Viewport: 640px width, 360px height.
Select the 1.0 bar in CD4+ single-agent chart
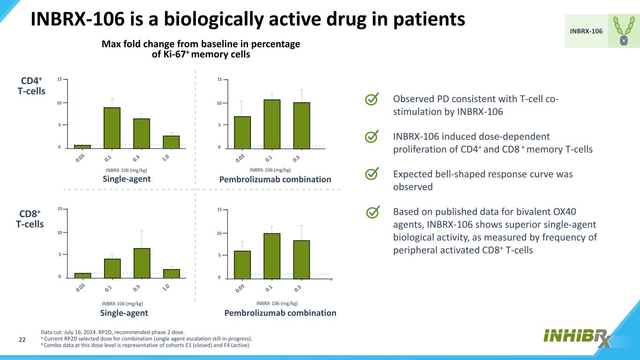[x=171, y=142]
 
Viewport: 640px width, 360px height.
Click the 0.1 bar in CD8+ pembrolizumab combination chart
[x=272, y=255]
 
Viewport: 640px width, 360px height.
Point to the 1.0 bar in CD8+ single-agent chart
[x=172, y=273]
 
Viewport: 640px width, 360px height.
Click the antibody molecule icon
[x=624, y=31]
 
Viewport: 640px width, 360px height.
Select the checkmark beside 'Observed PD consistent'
[x=371, y=99]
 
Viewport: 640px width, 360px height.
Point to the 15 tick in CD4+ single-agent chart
[x=59, y=80]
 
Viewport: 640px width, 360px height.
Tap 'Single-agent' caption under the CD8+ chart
[x=124, y=313]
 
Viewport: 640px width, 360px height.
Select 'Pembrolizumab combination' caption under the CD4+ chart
[x=275, y=180]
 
